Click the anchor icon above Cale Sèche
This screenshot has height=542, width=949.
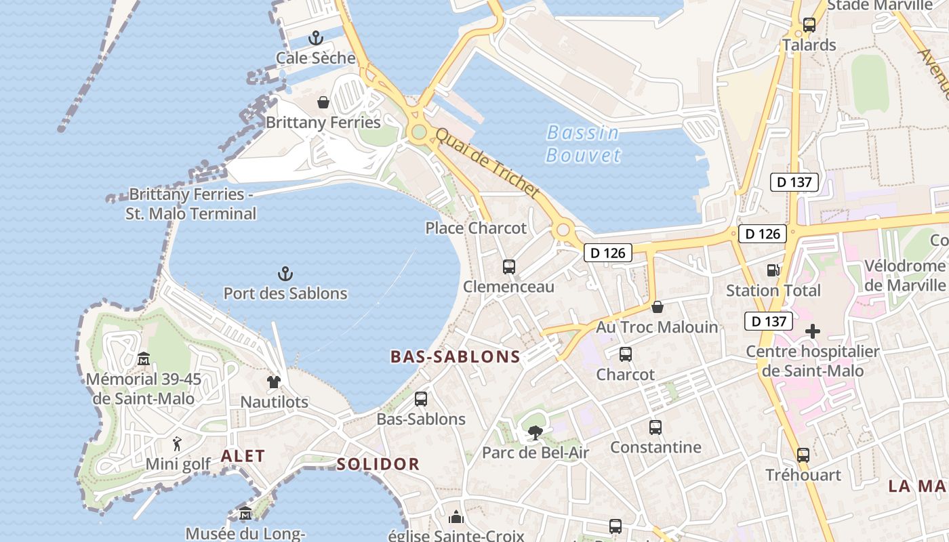(x=316, y=38)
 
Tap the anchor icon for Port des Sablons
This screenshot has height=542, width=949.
(x=285, y=274)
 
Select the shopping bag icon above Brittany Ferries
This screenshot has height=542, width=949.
(x=323, y=102)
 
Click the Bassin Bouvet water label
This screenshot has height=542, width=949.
(x=583, y=144)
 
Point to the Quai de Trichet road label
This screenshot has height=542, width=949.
(x=487, y=163)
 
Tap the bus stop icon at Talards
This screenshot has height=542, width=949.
(x=809, y=25)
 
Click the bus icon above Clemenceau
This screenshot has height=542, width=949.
(x=509, y=267)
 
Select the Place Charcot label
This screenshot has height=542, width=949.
(x=476, y=228)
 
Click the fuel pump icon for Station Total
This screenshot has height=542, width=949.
(x=773, y=270)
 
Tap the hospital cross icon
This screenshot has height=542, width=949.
(x=812, y=331)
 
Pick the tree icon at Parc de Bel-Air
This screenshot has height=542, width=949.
(x=536, y=432)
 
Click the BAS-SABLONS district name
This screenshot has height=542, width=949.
(x=456, y=357)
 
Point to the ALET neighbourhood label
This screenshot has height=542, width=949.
(x=243, y=456)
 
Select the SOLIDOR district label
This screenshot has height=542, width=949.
(x=378, y=464)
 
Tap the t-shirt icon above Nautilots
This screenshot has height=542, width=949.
(x=274, y=382)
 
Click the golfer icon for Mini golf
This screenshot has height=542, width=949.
(x=178, y=444)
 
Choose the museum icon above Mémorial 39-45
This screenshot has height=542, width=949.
(x=144, y=358)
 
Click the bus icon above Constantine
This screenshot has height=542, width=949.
(x=655, y=428)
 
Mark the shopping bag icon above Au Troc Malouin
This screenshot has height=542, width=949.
(x=657, y=307)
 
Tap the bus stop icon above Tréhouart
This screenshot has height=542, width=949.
(x=803, y=455)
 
